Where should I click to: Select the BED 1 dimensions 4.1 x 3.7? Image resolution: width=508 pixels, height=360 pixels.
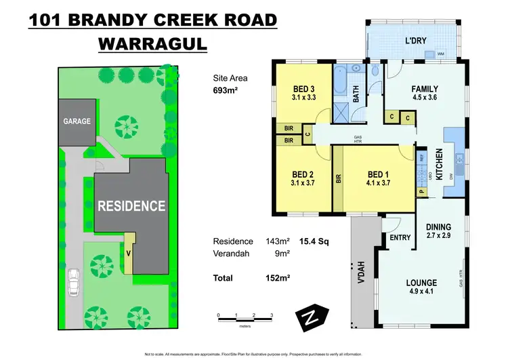[378, 182]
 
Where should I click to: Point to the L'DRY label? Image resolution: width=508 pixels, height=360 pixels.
[416, 40]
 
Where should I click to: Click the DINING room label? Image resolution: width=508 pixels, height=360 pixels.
[439, 227]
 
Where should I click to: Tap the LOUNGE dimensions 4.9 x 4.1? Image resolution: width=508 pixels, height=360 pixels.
[423, 292]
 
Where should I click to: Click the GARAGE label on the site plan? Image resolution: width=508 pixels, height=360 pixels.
[77, 121]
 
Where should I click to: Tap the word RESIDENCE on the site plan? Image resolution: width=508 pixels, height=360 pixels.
[131, 205]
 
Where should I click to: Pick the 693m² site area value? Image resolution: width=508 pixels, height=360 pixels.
[226, 89]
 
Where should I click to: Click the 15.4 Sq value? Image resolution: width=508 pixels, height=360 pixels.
[316, 241]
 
